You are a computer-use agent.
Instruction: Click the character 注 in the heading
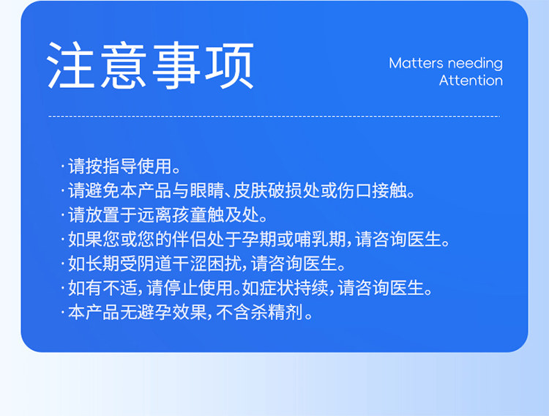click(71, 65)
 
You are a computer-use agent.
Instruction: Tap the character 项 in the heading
click(230, 65)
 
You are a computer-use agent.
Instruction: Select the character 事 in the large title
click(177, 65)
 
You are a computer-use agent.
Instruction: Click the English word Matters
click(417, 64)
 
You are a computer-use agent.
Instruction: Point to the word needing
click(475, 64)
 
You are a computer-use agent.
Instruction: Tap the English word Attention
click(471, 81)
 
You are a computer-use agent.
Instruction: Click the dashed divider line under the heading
click(274, 116)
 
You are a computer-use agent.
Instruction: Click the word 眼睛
click(206, 190)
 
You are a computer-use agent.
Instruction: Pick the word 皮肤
click(250, 190)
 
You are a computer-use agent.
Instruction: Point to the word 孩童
click(190, 215)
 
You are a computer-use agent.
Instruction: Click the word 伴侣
click(190, 239)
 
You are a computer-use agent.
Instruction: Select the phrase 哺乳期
click(319, 239)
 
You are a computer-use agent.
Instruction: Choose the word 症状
click(276, 288)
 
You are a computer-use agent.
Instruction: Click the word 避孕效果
click(172, 312)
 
